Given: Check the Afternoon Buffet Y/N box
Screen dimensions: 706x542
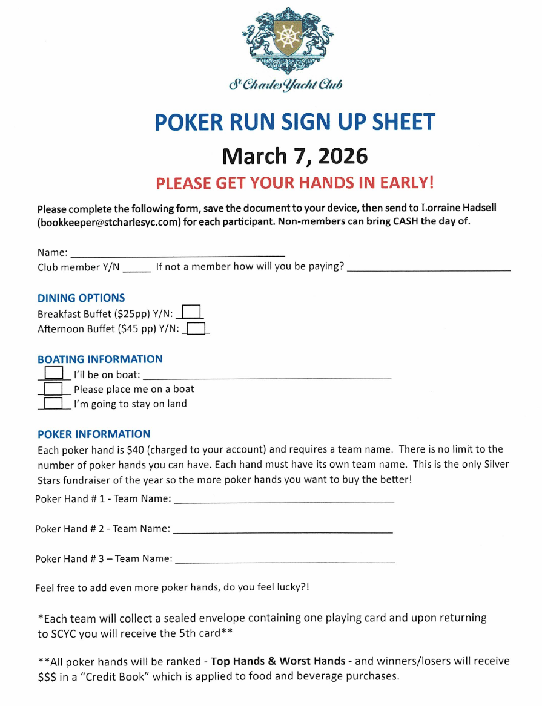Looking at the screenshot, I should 197,328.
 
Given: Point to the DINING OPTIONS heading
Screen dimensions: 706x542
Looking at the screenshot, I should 81,298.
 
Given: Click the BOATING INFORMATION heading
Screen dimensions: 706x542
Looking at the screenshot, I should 100,359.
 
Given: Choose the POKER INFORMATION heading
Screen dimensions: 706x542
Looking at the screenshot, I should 94,434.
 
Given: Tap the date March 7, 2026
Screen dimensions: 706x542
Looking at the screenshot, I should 295,156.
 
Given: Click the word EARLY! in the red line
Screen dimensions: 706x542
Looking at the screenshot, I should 402,182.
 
